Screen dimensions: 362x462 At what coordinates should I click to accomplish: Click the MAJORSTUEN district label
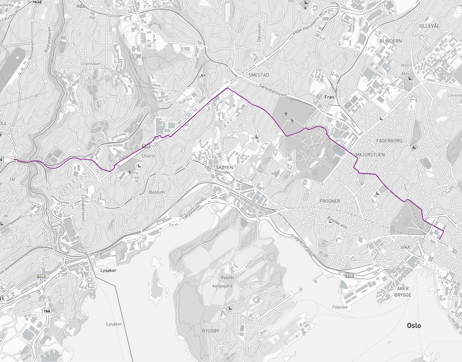click(370, 155)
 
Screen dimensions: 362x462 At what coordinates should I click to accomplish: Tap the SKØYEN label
click(224, 168)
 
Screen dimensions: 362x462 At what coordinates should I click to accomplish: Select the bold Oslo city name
click(414, 325)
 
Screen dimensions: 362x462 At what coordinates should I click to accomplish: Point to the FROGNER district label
click(330, 201)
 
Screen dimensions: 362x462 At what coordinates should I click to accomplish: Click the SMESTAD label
click(258, 75)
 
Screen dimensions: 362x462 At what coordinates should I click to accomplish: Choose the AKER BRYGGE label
click(403, 292)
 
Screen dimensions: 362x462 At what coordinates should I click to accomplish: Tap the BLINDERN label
click(390, 41)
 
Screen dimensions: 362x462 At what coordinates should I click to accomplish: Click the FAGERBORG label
click(389, 141)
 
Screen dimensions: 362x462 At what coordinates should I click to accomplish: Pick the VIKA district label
click(405, 247)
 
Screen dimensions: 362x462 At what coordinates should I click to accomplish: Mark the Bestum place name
click(157, 192)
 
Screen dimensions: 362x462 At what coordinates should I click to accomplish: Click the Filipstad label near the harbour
click(340, 307)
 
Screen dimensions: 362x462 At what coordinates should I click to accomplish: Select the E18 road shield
click(349, 276)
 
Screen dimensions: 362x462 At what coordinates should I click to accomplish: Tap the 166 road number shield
click(47, 311)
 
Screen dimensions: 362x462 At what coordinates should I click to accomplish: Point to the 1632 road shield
click(37, 2)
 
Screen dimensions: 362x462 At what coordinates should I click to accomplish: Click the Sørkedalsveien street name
click(273, 91)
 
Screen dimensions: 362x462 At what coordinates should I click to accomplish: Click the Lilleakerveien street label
click(83, 208)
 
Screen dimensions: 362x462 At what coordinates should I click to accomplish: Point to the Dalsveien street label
click(259, 32)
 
